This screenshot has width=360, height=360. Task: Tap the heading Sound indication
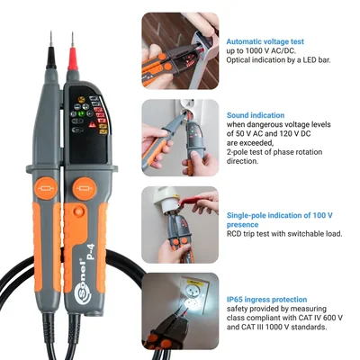tap(256, 115)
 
